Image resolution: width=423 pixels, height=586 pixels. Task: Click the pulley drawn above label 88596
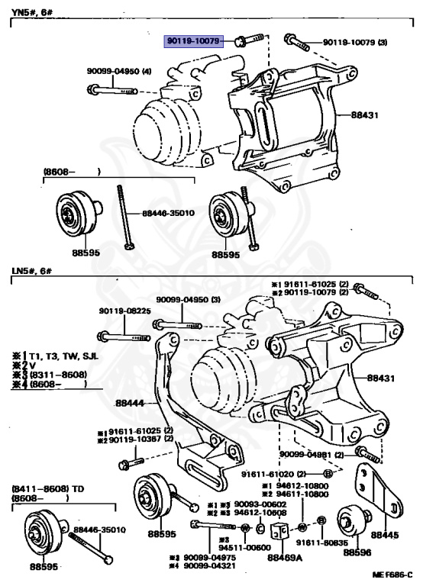tap(354, 523)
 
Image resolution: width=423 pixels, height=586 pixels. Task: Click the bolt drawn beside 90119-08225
tap(121, 336)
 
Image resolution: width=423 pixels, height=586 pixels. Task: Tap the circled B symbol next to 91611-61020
tap(328, 474)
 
